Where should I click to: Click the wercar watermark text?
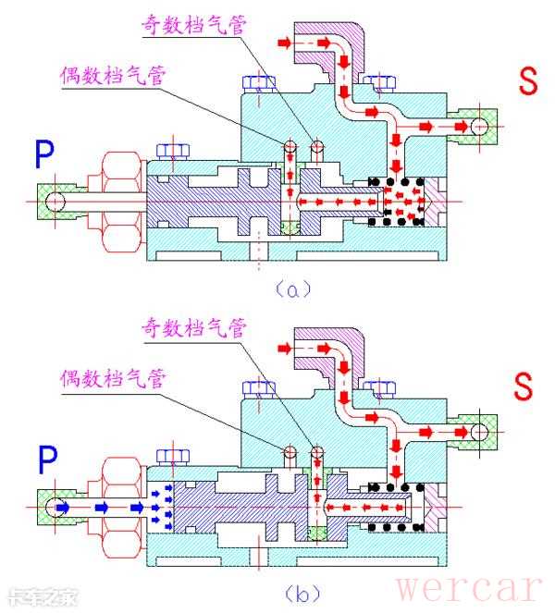[468, 586]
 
